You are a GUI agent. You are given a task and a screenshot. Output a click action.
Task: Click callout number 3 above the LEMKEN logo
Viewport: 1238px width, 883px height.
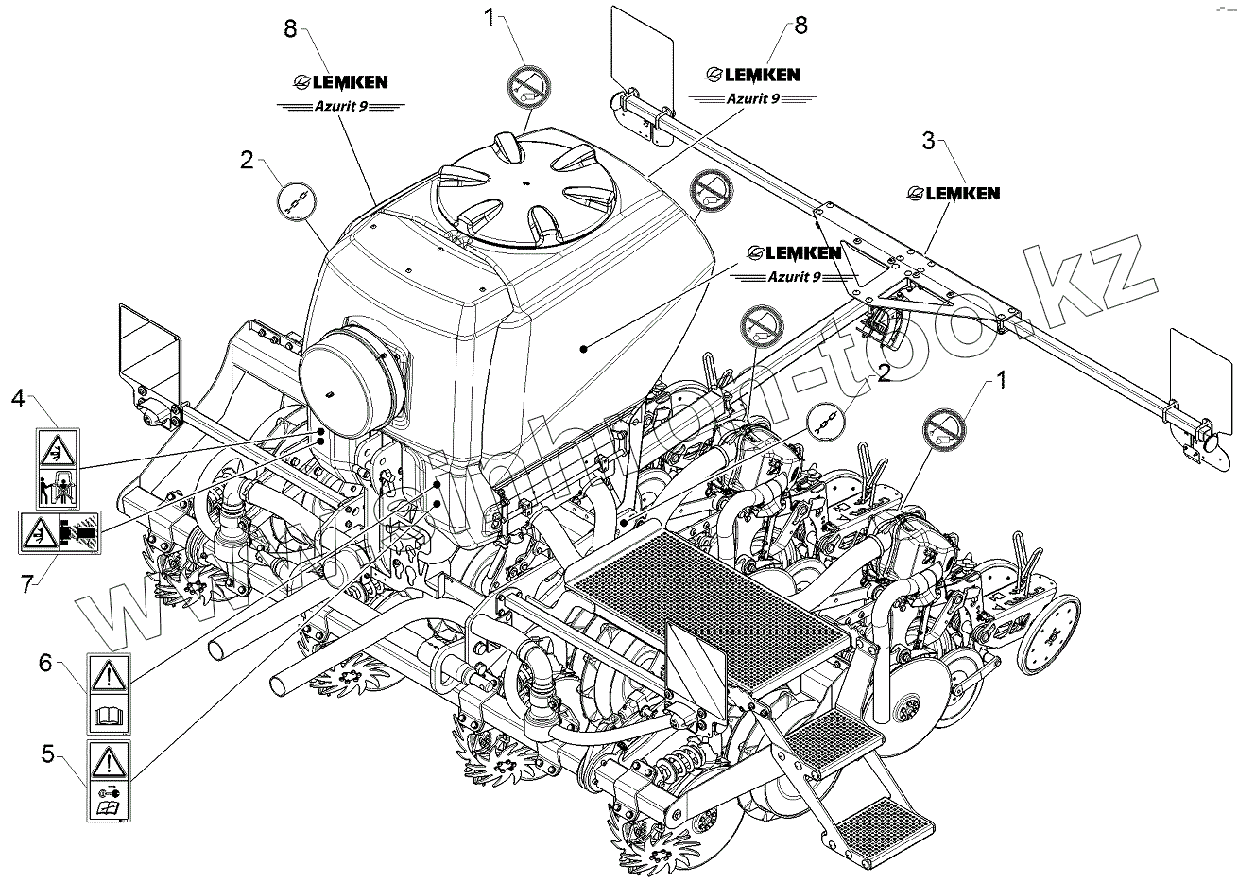[x=928, y=142]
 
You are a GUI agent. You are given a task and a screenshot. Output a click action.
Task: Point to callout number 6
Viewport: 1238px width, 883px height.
[x=44, y=663]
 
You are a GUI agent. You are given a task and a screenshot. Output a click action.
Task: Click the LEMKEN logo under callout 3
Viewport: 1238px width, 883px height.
[x=953, y=193]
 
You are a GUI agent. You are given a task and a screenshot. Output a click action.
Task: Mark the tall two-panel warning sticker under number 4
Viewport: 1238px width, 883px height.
[x=58, y=466]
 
